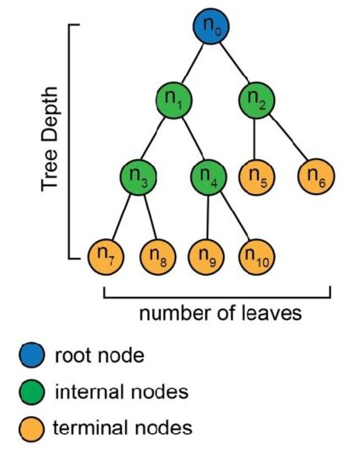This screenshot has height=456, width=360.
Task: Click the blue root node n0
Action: (211, 26)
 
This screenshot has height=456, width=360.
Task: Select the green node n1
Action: (174, 100)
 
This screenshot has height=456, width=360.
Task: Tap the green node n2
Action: (257, 100)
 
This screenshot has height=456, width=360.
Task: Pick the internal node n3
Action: (139, 177)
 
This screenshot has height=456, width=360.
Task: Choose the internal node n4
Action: (209, 177)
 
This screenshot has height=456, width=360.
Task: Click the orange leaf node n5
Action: (257, 177)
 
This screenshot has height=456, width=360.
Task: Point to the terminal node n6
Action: (317, 176)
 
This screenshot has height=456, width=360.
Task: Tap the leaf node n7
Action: (106, 257)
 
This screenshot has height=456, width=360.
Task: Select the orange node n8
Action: (158, 257)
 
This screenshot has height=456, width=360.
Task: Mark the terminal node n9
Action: (206, 257)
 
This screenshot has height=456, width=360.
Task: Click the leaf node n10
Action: (257, 257)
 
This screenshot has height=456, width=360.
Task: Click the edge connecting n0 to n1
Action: (192, 63)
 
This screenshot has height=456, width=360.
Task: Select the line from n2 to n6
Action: (289, 137)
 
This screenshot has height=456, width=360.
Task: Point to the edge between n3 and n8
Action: (151, 217)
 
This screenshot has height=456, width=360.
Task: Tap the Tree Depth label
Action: (49, 139)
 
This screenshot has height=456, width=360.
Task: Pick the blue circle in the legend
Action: (32, 355)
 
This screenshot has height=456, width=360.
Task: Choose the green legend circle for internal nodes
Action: (32, 391)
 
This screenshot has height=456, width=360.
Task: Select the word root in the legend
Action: (74, 356)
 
